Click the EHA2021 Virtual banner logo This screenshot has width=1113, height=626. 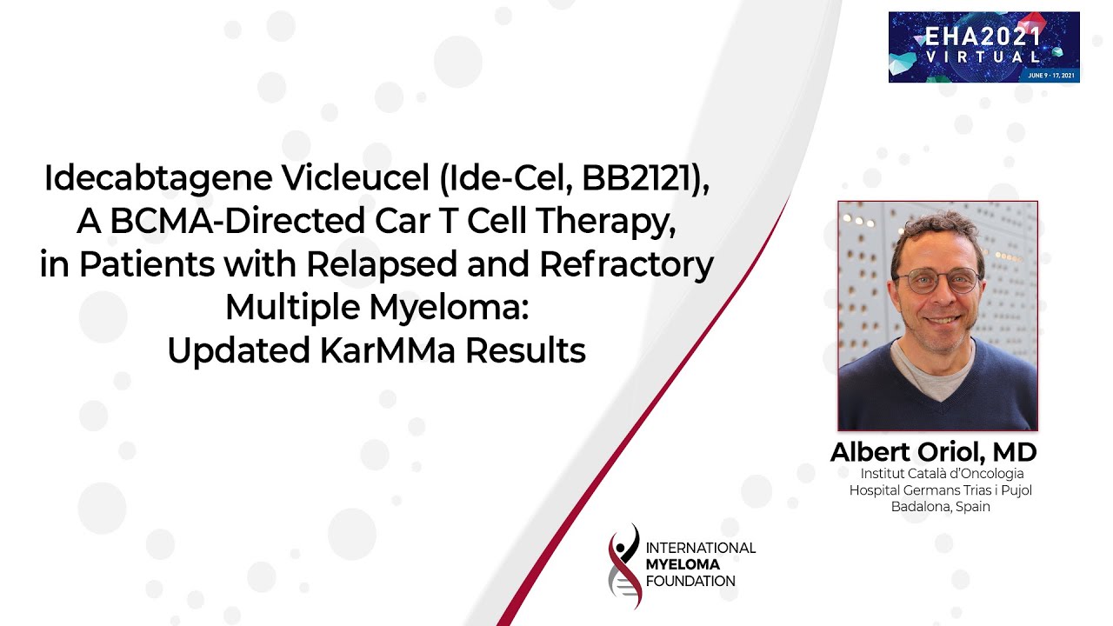tap(983, 47)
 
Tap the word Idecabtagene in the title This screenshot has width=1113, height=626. tap(157, 179)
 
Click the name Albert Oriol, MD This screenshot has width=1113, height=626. tap(933, 452)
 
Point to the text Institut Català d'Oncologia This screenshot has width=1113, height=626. tap(942, 474)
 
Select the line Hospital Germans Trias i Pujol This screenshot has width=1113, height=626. tap(940, 490)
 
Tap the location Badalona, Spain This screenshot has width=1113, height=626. tap(940, 507)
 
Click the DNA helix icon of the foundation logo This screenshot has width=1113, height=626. tap(624, 566)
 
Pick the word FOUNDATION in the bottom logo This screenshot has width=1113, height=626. tap(691, 581)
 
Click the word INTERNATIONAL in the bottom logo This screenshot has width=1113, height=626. tap(701, 548)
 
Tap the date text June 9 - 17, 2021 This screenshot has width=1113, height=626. tap(1050, 76)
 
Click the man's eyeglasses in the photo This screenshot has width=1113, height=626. tap(936, 281)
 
